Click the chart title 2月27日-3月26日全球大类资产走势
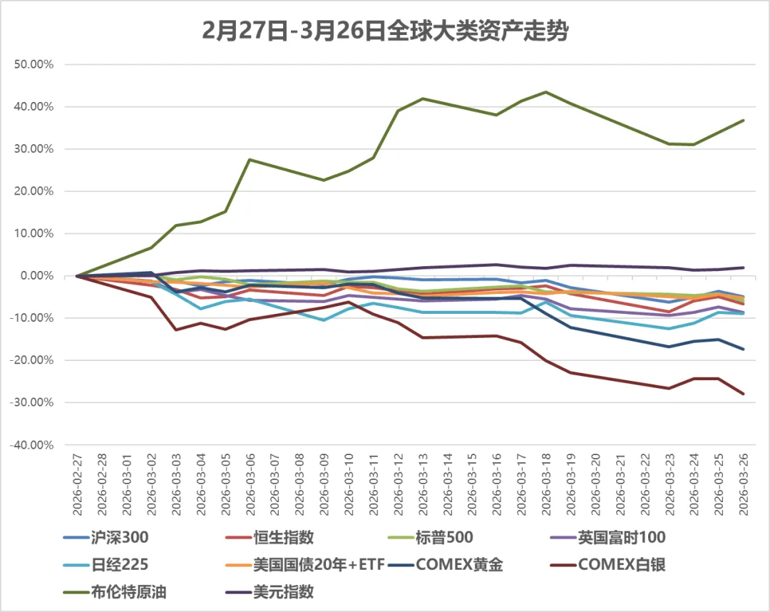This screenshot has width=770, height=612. [385, 31]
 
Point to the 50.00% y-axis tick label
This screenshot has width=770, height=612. [34, 65]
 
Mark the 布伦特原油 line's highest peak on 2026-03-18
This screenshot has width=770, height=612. [546, 92]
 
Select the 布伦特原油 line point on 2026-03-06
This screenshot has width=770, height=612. [250, 160]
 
